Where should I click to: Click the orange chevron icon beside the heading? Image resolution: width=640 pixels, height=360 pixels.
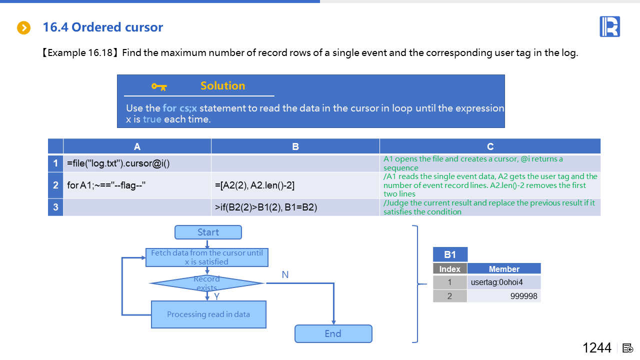[24, 28]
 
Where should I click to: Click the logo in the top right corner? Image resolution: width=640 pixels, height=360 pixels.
[609, 26]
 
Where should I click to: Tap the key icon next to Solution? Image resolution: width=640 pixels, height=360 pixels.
[159, 86]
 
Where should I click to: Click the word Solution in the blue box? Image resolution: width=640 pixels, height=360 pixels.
[222, 85]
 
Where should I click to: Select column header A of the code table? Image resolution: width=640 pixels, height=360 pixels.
[137, 146]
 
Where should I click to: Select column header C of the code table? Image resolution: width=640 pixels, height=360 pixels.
[490, 146]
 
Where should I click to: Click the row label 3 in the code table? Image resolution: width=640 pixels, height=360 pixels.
[55, 207]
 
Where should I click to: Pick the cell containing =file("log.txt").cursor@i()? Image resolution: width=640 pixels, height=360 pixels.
[137, 163]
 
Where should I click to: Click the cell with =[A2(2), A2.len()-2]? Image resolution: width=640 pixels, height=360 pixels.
[295, 185]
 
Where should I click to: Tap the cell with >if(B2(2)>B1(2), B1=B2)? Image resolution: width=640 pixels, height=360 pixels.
[295, 207]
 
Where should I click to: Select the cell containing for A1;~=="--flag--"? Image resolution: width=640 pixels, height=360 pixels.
[137, 185]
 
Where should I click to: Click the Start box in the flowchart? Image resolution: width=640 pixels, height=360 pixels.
[208, 232]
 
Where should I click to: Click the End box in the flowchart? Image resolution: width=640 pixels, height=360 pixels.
[333, 333]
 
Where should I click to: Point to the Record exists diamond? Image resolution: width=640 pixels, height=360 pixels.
[207, 283]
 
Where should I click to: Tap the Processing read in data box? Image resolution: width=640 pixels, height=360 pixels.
[208, 314]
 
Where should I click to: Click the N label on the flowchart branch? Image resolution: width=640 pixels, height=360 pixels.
[285, 274]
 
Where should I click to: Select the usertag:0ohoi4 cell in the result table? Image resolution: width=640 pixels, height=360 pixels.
[503, 282]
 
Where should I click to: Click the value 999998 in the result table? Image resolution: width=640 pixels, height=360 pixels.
[523, 296]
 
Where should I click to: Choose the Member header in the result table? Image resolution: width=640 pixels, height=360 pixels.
[503, 269]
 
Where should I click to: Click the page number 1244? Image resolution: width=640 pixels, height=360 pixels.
[596, 347]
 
